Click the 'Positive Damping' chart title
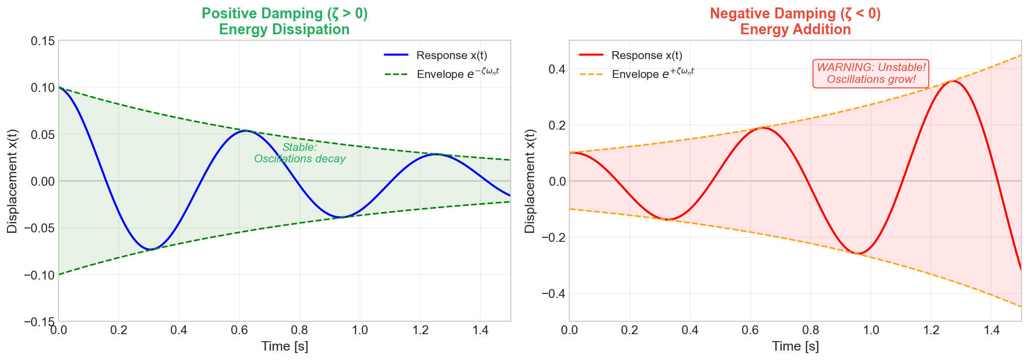[x=284, y=21]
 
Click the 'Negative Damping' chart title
[x=795, y=21]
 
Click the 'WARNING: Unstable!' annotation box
[x=871, y=73]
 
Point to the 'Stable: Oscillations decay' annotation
[x=300, y=153]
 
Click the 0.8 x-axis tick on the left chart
[x=299, y=330]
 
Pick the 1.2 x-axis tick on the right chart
[x=931, y=330]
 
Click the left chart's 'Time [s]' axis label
[x=284, y=347]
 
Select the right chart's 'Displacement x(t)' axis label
[x=530, y=181]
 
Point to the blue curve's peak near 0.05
[x=246, y=131]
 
